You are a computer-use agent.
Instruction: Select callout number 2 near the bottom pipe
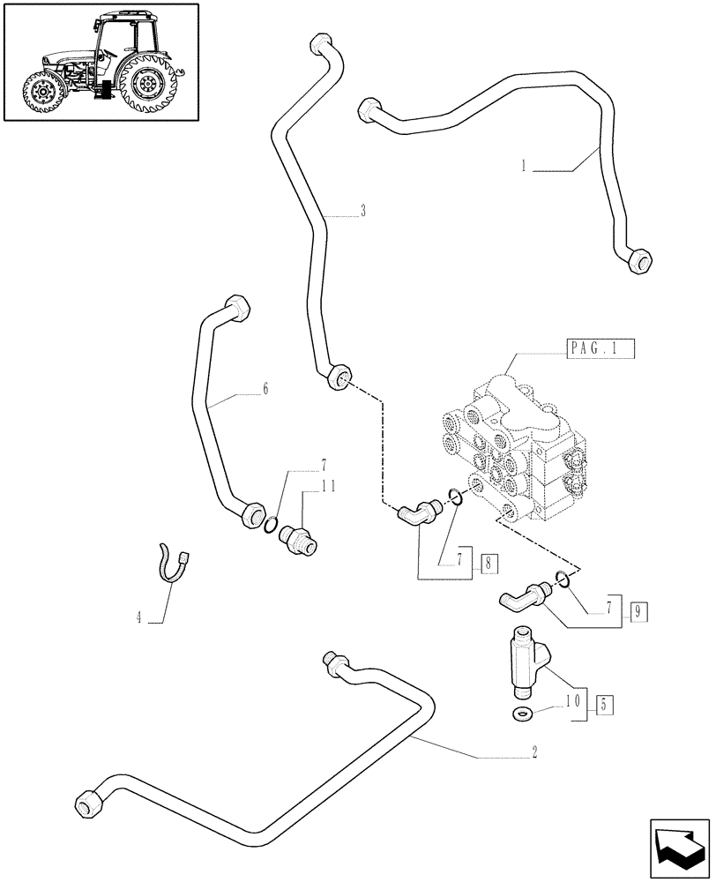tap(535, 754)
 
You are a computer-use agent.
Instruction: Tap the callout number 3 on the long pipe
tap(363, 212)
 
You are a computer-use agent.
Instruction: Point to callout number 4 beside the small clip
tap(138, 618)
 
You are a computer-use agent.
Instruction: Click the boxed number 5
tap(603, 705)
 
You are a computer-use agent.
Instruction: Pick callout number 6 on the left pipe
tap(265, 389)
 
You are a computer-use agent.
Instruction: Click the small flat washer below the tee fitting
tap(521, 713)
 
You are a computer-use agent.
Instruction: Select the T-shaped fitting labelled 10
tap(527, 660)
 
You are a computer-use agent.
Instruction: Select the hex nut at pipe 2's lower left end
tap(88, 804)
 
